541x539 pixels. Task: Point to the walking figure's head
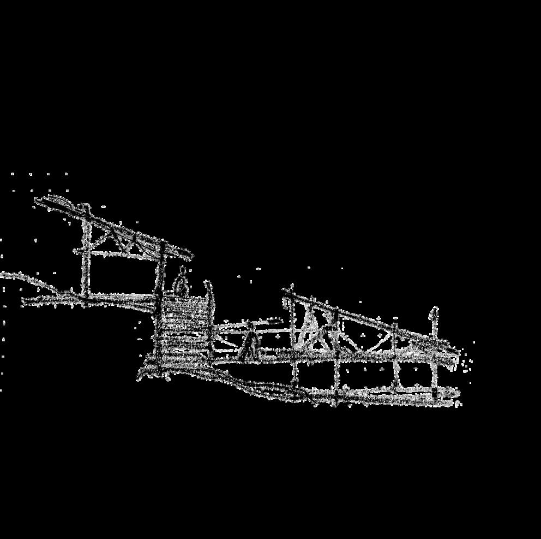251,327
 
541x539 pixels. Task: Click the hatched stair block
183,330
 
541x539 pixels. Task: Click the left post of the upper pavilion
85,257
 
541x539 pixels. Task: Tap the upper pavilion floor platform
109,298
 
